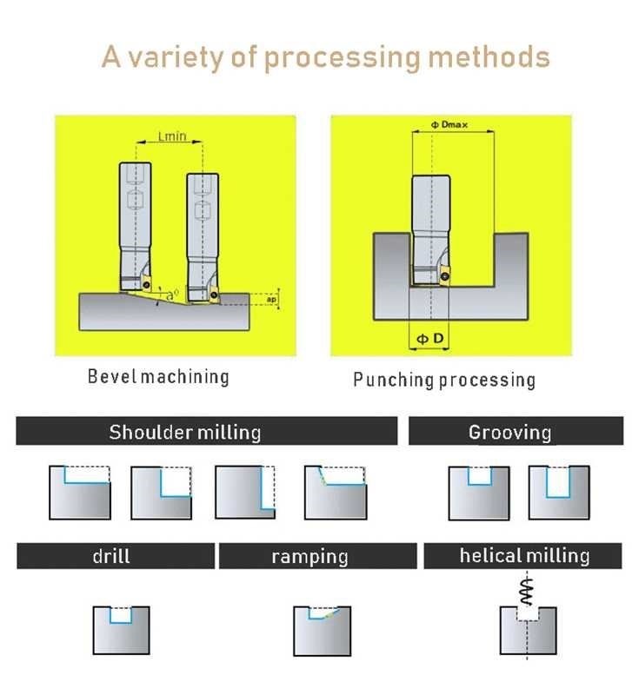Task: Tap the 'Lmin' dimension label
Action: pos(172,136)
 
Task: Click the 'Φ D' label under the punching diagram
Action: pos(429,339)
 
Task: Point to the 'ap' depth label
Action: pos(271,300)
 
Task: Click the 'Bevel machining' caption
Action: pos(158,376)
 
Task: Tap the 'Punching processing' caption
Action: pos(444,380)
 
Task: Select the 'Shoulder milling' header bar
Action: pos(206,432)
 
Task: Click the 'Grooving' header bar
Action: pos(516,432)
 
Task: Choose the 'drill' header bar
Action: pos(115,556)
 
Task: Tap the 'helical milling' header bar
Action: pos(523,556)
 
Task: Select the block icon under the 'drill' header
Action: pos(121,630)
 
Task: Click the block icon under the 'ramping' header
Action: pos(322,630)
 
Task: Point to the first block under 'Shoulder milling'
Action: pos(80,493)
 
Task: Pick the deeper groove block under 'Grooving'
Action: pos(558,493)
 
